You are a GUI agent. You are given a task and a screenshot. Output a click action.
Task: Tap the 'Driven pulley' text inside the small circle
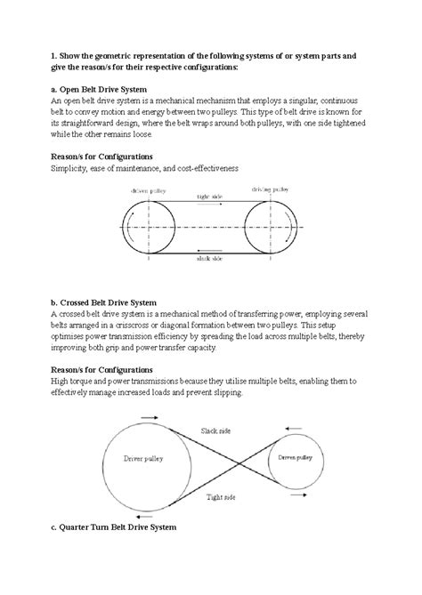click(x=294, y=458)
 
